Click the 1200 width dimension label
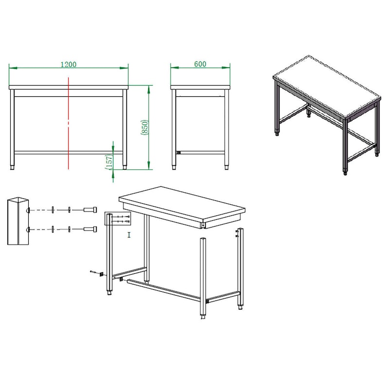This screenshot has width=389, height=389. tap(69, 65)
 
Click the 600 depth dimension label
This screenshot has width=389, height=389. tap(200, 64)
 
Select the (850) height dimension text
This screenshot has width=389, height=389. tap(144, 127)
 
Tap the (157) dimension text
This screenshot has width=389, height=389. tap(109, 162)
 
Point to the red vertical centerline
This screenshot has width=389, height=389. tap(69, 123)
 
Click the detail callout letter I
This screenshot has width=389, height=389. tap(129, 235)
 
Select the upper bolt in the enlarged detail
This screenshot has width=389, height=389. tap(90, 210)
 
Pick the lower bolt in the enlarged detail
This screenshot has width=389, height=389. tap(90, 229)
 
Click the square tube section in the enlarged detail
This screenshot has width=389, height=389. tap(18, 221)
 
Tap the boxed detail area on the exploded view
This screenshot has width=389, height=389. tap(118, 218)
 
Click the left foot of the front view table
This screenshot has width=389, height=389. tap(12, 167)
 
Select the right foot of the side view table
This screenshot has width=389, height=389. tap(227, 167)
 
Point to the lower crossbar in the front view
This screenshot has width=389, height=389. tap(69, 153)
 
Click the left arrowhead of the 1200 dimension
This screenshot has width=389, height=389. tap(13, 68)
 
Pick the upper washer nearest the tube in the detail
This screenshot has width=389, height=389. tap(53, 210)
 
